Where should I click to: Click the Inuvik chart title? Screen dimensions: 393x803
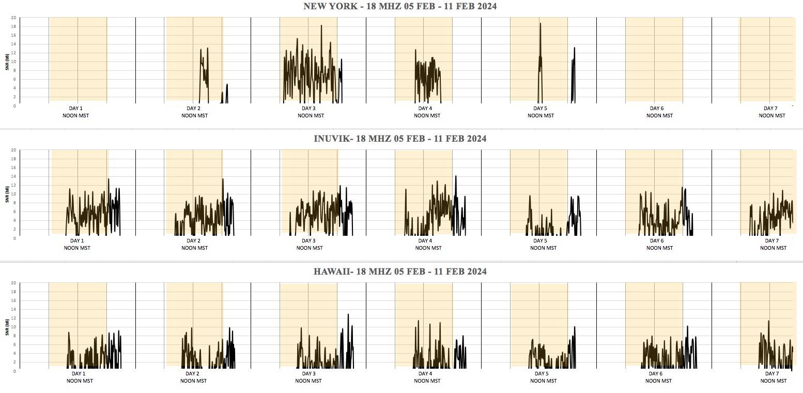pyautogui.click(x=400, y=139)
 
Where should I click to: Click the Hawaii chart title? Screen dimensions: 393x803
pyautogui.click(x=400, y=271)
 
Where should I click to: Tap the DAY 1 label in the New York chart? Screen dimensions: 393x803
pyautogui.click(x=76, y=108)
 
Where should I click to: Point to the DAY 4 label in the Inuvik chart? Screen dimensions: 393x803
pyautogui.click(x=425, y=240)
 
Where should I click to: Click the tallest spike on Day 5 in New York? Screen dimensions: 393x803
pyautogui.click(x=541, y=24)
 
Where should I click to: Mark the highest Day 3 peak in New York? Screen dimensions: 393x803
pyautogui.click(x=321, y=26)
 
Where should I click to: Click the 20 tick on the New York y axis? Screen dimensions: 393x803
pyautogui.click(x=14, y=18)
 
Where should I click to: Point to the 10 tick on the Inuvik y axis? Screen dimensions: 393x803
pyautogui.click(x=14, y=194)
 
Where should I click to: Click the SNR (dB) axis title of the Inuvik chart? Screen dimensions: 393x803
pyautogui.click(x=7, y=194)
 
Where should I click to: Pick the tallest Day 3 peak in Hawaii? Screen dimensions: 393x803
pyautogui.click(x=348, y=314)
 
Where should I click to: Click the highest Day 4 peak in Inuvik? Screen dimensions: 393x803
pyautogui.click(x=456, y=176)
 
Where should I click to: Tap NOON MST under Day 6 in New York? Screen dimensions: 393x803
pyautogui.click(x=657, y=115)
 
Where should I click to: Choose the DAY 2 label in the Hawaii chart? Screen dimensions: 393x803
pyautogui.click(x=192, y=373)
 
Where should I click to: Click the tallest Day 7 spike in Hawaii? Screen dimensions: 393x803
pyautogui.click(x=768, y=321)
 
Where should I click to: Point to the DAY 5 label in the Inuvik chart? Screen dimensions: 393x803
pyautogui.click(x=540, y=240)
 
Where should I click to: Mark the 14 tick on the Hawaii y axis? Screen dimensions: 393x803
pyautogui.click(x=14, y=309)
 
